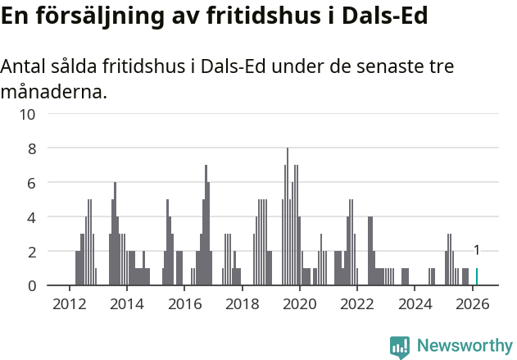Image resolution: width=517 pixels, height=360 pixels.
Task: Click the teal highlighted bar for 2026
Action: point(477,277)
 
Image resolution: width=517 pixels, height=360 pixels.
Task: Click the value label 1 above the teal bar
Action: point(477,251)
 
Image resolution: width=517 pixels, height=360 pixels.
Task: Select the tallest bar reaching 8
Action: point(288,217)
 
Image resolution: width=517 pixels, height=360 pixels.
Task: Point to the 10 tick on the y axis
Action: point(28,114)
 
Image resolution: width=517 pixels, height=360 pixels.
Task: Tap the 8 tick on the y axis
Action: point(32,148)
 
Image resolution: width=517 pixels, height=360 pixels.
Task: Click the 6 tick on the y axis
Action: point(32,183)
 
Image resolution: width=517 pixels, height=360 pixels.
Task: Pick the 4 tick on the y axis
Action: point(32,217)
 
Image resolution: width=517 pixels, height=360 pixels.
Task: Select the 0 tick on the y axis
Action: point(32,285)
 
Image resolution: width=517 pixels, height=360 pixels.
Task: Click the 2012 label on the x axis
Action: point(69,303)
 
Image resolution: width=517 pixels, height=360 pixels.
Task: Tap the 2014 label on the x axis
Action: point(126,303)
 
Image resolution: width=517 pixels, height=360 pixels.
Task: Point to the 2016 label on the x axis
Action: point(184,303)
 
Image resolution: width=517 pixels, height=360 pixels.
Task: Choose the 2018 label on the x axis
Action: point(242,303)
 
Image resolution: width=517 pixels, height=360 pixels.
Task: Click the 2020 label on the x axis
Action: point(300,303)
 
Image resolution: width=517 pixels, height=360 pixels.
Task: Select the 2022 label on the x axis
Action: point(357,303)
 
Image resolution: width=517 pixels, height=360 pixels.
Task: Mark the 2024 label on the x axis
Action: point(415,303)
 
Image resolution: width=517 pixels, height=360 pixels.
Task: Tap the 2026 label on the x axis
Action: point(473,303)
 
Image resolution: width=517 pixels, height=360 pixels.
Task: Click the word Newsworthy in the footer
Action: point(465,346)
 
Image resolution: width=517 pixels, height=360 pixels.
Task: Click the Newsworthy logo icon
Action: point(400,347)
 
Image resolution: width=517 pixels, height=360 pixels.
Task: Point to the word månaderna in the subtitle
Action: point(53,92)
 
